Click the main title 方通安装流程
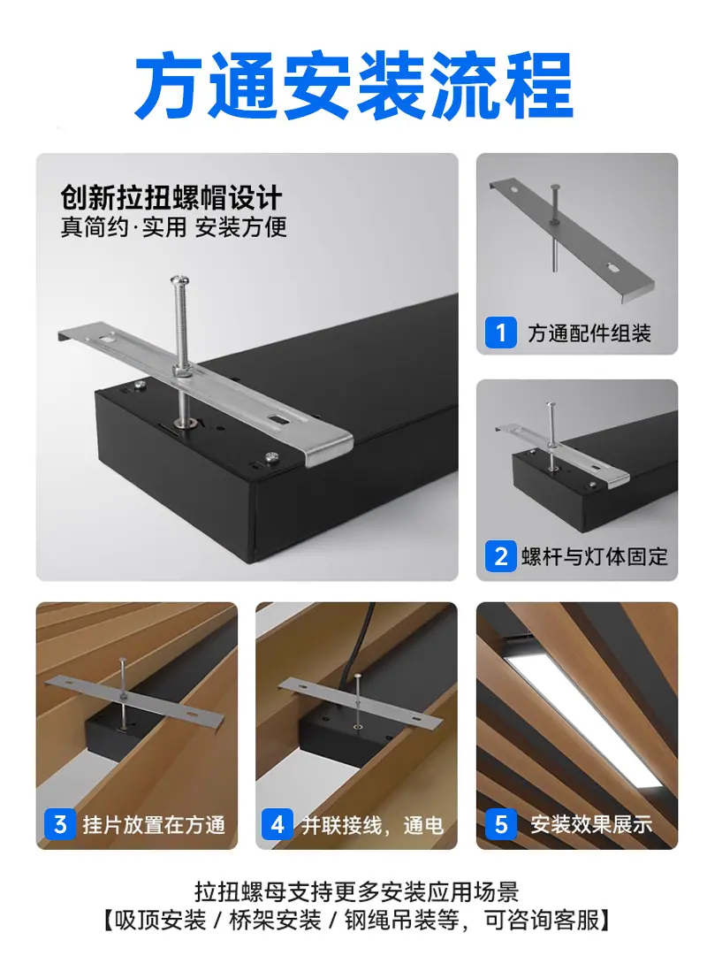click(x=353, y=86)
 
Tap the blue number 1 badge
click(x=500, y=333)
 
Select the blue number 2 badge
click(x=500, y=556)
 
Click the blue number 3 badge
click(x=60, y=824)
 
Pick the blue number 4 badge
click(x=277, y=824)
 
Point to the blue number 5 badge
click(x=500, y=824)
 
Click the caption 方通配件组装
click(x=589, y=333)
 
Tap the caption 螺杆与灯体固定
click(x=595, y=556)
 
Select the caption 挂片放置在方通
click(x=154, y=825)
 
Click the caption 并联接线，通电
click(x=372, y=825)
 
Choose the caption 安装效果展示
click(x=591, y=824)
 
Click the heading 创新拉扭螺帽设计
click(x=171, y=198)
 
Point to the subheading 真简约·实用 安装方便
click(x=174, y=226)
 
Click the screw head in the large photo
click(x=180, y=282)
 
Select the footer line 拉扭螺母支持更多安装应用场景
click(x=357, y=892)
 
